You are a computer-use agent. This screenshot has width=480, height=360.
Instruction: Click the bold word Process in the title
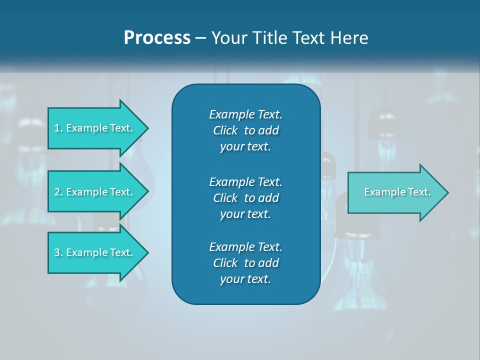point(157,38)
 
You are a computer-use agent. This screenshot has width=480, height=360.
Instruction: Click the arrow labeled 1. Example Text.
point(95,128)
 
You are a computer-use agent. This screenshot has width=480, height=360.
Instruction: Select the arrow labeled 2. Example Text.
point(95,192)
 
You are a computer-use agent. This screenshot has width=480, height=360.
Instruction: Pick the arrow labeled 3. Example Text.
point(95,252)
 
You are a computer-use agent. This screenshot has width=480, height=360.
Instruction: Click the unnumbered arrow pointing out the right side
point(395,192)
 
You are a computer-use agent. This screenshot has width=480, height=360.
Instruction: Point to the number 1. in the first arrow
point(58,128)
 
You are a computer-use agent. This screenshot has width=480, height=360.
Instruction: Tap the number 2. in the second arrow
point(58,192)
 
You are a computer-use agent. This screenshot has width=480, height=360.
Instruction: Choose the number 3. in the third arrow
point(58,252)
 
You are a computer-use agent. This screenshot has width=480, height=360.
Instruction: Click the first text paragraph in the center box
point(245,130)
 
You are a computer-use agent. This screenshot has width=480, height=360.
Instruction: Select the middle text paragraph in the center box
point(245,197)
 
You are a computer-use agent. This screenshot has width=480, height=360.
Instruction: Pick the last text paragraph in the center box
point(245,263)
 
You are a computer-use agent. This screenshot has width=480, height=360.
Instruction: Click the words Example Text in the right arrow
point(397,192)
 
